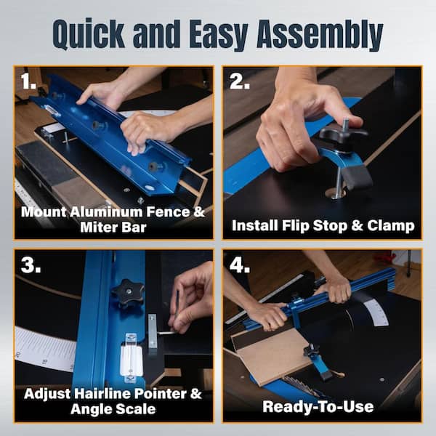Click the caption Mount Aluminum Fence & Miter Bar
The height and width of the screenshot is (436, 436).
coord(113,220)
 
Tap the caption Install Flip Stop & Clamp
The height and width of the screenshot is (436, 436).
coord(323,225)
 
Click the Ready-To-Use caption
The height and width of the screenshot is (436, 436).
coord(323,405)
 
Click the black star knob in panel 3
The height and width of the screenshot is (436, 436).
coord(128,293)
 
